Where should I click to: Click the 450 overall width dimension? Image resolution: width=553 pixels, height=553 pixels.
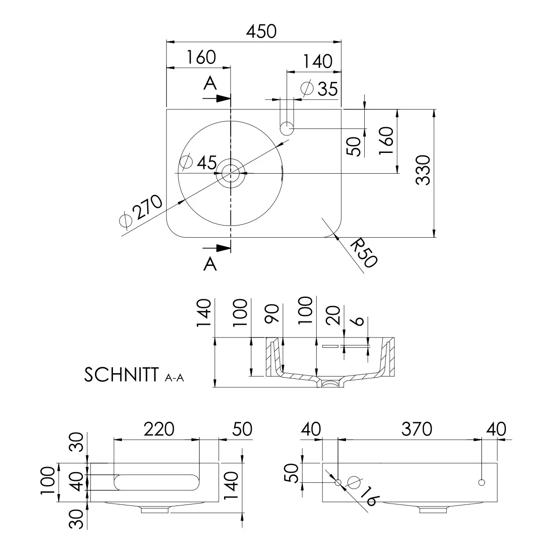261,32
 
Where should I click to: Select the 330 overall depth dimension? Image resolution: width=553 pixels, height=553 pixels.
423,170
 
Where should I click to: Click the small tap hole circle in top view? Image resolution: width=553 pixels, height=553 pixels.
287,128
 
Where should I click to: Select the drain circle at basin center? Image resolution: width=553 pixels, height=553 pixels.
231,173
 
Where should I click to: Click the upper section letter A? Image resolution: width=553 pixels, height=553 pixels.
210,83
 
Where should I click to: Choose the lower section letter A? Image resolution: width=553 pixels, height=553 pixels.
210,264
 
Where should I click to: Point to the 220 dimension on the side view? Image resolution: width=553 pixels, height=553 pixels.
159,429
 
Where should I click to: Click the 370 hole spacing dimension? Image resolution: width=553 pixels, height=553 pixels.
417,429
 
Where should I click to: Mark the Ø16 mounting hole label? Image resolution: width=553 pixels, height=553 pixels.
364,491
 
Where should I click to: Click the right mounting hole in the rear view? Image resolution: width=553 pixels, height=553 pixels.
481,482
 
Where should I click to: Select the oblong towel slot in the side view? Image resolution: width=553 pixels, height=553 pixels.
157,482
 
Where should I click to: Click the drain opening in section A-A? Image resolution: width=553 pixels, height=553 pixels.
330,383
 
